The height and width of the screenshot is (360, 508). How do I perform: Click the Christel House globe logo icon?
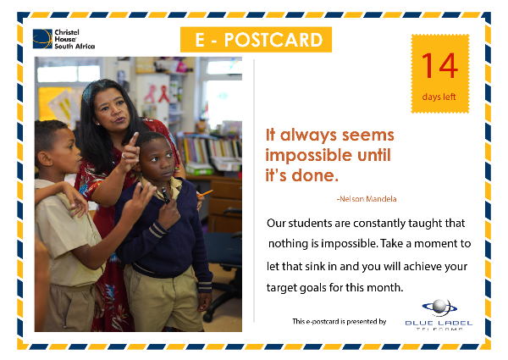pyautogui.click(x=42, y=39)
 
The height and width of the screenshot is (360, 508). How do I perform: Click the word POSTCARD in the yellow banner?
pyautogui.click(x=273, y=40)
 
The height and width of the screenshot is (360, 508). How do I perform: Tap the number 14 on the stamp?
pyautogui.click(x=440, y=66)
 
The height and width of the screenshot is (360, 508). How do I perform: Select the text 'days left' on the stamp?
pyautogui.click(x=439, y=97)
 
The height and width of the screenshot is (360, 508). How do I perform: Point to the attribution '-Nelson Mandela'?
pyautogui.click(x=367, y=198)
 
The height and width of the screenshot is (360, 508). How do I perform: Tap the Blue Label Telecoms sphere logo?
pyautogui.click(x=439, y=307)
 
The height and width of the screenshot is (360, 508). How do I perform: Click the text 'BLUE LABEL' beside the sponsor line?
pyautogui.click(x=439, y=323)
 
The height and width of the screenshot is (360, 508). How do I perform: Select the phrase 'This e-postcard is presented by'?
pyautogui.click(x=340, y=321)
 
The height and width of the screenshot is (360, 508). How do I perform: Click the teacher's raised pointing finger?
pyautogui.click(x=133, y=139)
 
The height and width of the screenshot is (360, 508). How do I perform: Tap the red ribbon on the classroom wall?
pyautogui.click(x=163, y=94)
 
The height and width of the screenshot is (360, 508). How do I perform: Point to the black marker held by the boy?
pyautogui.click(x=166, y=196)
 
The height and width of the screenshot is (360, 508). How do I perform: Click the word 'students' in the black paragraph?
pyautogui.click(x=309, y=223)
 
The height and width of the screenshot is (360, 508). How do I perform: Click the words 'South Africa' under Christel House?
pyautogui.click(x=75, y=47)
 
